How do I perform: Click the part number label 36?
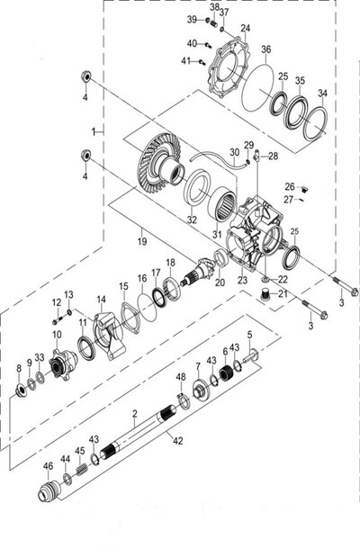click(266, 49)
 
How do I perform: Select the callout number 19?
click(142, 241)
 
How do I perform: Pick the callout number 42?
click(178, 441)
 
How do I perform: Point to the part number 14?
click(101, 300)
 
